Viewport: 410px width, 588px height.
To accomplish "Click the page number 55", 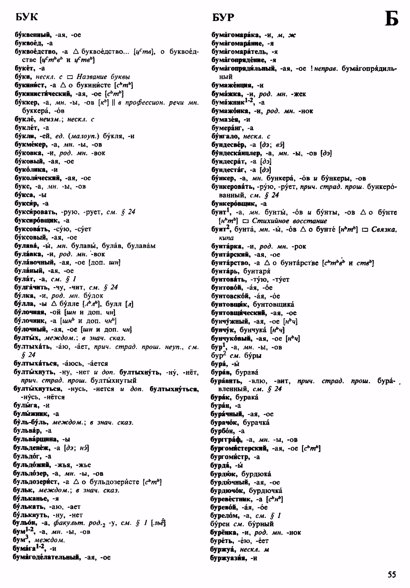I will pyautogui.click(x=392, y=574).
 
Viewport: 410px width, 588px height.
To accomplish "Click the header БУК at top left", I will pyautogui.click(x=27, y=17).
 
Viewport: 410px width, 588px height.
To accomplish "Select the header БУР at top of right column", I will pyautogui.click(x=223, y=17).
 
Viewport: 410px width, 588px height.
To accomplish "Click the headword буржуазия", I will pyautogui.click(x=228, y=558).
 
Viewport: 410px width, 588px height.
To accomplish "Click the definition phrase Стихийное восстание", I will pyautogui.click(x=285, y=221).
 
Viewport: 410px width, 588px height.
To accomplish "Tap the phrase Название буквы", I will pyautogui.click(x=103, y=77).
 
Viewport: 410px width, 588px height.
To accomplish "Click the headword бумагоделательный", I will pyautogui.click(x=47, y=557).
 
